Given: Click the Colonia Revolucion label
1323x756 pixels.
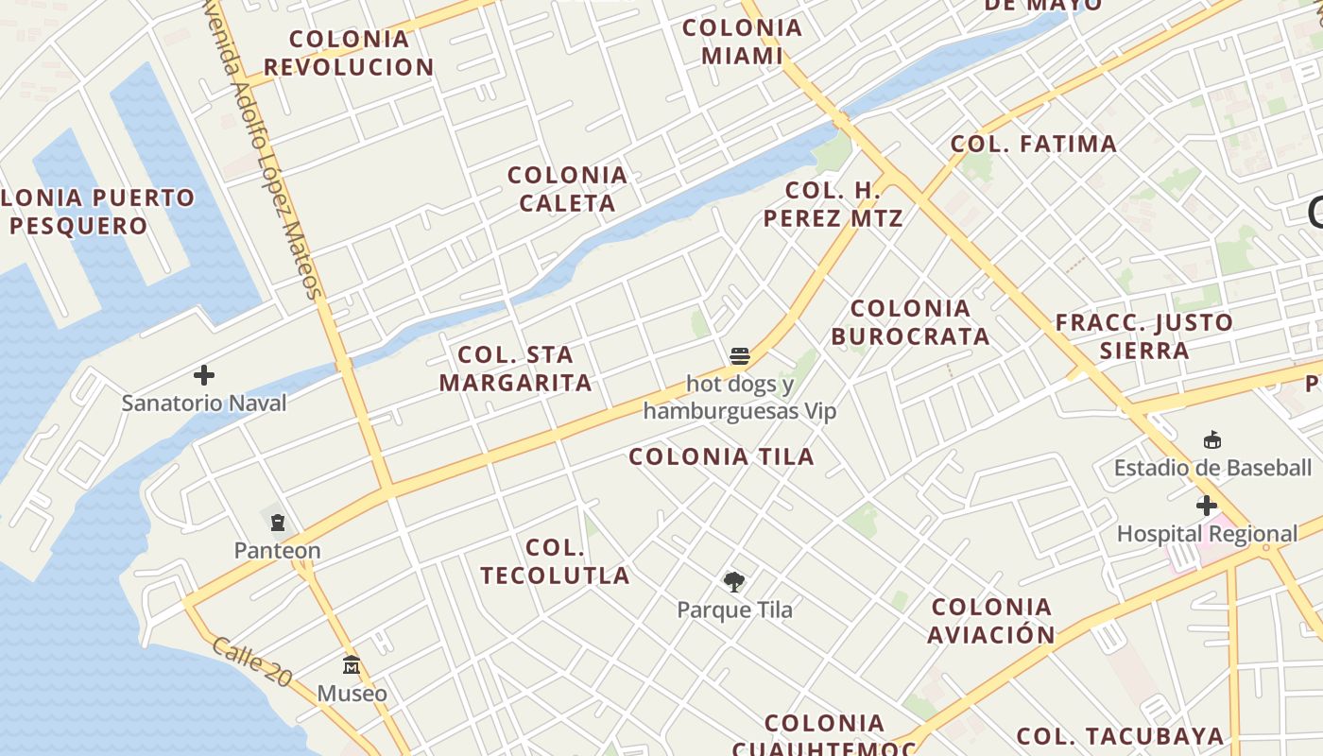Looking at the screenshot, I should point(349,53).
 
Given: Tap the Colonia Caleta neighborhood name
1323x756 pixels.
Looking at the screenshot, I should point(567,189).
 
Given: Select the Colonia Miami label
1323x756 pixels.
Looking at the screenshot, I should point(743,42).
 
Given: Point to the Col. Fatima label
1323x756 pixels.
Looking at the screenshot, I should point(1034,144).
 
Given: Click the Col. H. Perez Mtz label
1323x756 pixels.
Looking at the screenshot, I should point(833,204).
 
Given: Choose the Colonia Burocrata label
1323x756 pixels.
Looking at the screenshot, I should point(911,322).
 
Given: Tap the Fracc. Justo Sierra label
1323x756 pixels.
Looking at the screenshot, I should point(1144,336).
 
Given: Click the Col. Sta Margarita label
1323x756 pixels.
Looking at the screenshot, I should point(516,369).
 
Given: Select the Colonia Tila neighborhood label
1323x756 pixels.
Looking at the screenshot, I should point(722,456).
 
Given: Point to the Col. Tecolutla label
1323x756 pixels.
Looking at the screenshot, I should point(556,561).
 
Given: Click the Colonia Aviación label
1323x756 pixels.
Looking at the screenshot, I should point(991,621).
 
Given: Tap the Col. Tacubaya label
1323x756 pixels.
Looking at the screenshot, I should point(1120,735).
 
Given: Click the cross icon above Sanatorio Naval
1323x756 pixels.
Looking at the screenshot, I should point(204,376).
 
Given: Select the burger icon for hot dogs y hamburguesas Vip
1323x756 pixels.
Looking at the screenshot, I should point(740,356).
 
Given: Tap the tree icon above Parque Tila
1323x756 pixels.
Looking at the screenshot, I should point(733,582).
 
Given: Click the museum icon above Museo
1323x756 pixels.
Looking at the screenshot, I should point(352,665).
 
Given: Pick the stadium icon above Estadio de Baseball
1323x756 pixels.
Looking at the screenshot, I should point(1212,439).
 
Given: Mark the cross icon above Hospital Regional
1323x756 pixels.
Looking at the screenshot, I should point(1207,506).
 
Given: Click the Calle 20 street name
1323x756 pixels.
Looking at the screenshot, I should point(251,661).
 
